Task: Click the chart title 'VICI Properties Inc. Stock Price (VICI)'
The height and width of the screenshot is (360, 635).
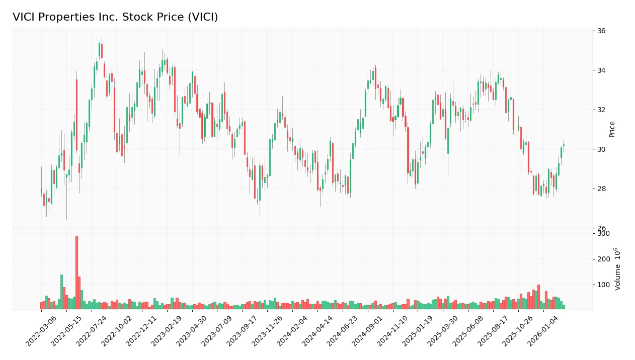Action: tap(115, 17)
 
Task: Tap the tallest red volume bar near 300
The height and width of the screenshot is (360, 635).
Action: tap(76, 272)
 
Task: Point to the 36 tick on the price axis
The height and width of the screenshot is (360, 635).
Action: tap(601, 31)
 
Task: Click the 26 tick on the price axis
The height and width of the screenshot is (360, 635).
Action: tap(601, 228)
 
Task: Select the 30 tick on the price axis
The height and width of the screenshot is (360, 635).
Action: tap(601, 149)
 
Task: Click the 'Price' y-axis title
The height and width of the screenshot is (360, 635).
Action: tap(612, 129)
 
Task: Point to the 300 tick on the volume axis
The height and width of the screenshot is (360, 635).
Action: tap(603, 233)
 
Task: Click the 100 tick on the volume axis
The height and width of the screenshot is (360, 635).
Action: tap(603, 285)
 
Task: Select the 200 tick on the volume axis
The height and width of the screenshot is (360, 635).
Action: tap(603, 259)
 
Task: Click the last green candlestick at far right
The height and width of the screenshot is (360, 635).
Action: tap(564, 145)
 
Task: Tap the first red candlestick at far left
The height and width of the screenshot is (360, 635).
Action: tap(41, 190)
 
